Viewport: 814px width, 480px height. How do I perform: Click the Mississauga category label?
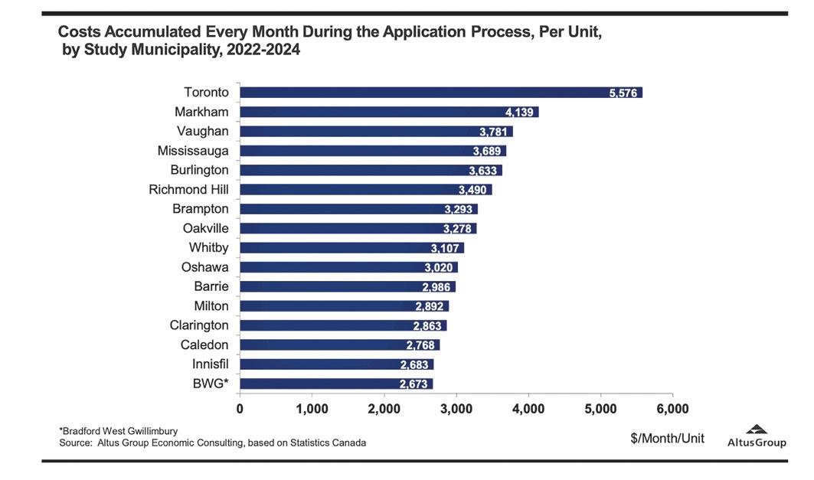tap(193, 151)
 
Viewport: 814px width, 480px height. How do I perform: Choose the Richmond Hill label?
tap(188, 189)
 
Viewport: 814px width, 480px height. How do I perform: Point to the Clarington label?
tap(199, 325)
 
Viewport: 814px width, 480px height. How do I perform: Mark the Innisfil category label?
tap(205, 364)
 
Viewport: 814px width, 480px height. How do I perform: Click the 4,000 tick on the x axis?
tap(528, 409)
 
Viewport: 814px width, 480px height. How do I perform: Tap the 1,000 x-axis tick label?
tap(312, 409)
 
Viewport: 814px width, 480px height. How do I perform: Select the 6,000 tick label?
tap(672, 409)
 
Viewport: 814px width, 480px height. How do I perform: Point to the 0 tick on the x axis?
tap(240, 409)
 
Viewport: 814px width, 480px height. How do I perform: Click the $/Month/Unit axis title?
tap(666, 439)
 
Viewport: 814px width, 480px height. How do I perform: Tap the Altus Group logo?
tap(757, 436)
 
